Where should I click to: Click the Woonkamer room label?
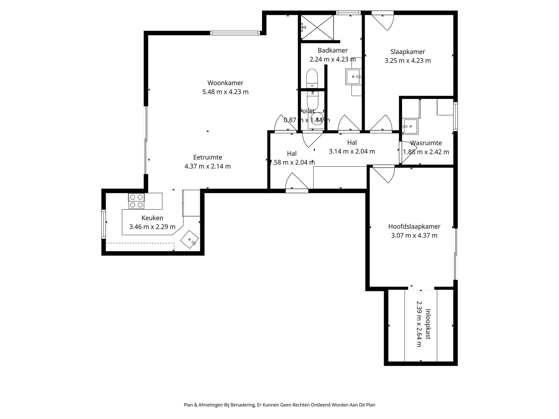(225, 83)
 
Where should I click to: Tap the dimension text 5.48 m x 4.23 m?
(225, 92)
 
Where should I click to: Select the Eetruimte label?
(207, 157)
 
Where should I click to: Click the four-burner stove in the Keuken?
(136, 201)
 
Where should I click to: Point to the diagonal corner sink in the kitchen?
(190, 239)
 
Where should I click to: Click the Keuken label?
(152, 218)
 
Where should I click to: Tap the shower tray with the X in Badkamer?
(317, 27)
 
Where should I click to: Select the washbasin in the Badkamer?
(353, 77)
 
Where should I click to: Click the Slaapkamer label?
(408, 52)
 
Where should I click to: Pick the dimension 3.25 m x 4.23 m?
(408, 61)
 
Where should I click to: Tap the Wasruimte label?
(426, 143)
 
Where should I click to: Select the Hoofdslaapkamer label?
(414, 227)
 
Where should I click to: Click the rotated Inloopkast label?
(428, 324)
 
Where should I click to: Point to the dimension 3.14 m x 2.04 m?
(352, 151)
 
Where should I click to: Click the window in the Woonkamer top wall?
(235, 33)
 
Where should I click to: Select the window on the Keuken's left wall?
(103, 224)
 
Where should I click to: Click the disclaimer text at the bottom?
(279, 405)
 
